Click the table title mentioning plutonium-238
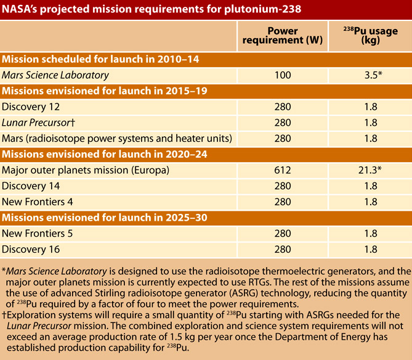tap(151, 9)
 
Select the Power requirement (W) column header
tap(283, 36)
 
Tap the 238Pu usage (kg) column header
tap(371, 36)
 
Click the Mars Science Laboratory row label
tap(55, 75)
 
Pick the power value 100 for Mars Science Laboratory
tap(283, 75)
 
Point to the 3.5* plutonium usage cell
tap(373, 75)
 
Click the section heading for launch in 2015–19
tap(105, 91)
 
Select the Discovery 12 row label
tap(31, 107)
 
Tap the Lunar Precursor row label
tap(38, 123)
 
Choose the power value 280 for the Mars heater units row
tap(283, 139)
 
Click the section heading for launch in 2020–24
tap(105, 154)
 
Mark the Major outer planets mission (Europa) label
tap(86, 170)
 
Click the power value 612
tap(283, 170)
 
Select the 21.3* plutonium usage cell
tap(370, 170)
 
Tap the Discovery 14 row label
tap(31, 186)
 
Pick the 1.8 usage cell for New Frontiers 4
tap(371, 202)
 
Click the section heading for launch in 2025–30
tap(105, 218)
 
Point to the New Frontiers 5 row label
tap(38, 234)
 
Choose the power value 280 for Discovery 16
tap(283, 250)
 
